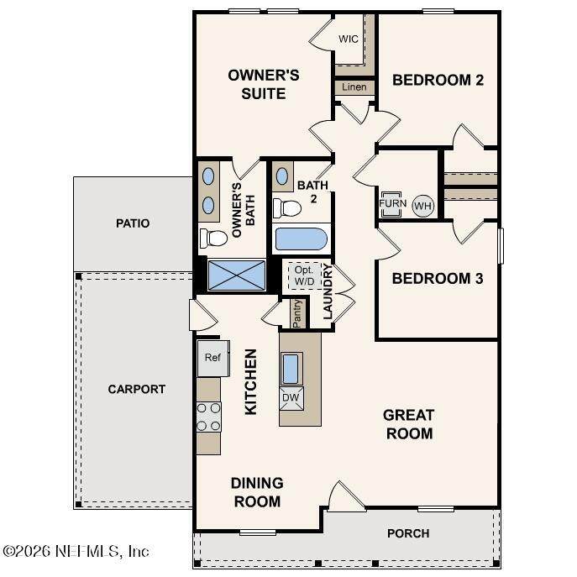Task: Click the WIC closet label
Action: click(x=348, y=39)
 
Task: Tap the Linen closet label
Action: click(x=354, y=87)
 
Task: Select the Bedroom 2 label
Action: click(x=438, y=80)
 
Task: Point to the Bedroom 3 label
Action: click(x=438, y=279)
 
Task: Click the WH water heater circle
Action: click(x=422, y=206)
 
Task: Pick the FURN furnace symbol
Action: click(x=392, y=204)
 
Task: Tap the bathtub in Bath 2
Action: click(x=302, y=239)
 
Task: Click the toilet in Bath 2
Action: click(x=287, y=208)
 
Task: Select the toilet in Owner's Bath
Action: click(x=213, y=238)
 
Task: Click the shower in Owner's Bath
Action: click(x=237, y=275)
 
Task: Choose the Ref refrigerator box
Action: click(x=213, y=358)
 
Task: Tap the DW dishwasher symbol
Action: click(x=291, y=398)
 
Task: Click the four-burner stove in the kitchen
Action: click(x=208, y=417)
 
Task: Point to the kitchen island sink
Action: click(x=291, y=369)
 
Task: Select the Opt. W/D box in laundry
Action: click(x=305, y=275)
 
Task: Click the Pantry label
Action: click(x=296, y=313)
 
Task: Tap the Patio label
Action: click(x=133, y=223)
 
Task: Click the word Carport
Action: click(x=137, y=390)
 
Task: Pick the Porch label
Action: click(x=408, y=533)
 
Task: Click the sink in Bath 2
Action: click(x=282, y=176)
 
